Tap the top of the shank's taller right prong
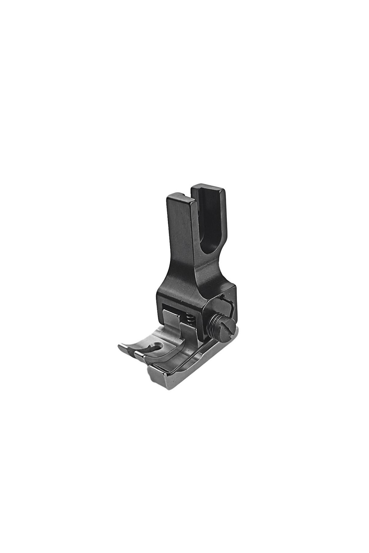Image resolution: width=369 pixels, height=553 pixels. pyautogui.click(x=208, y=186)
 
